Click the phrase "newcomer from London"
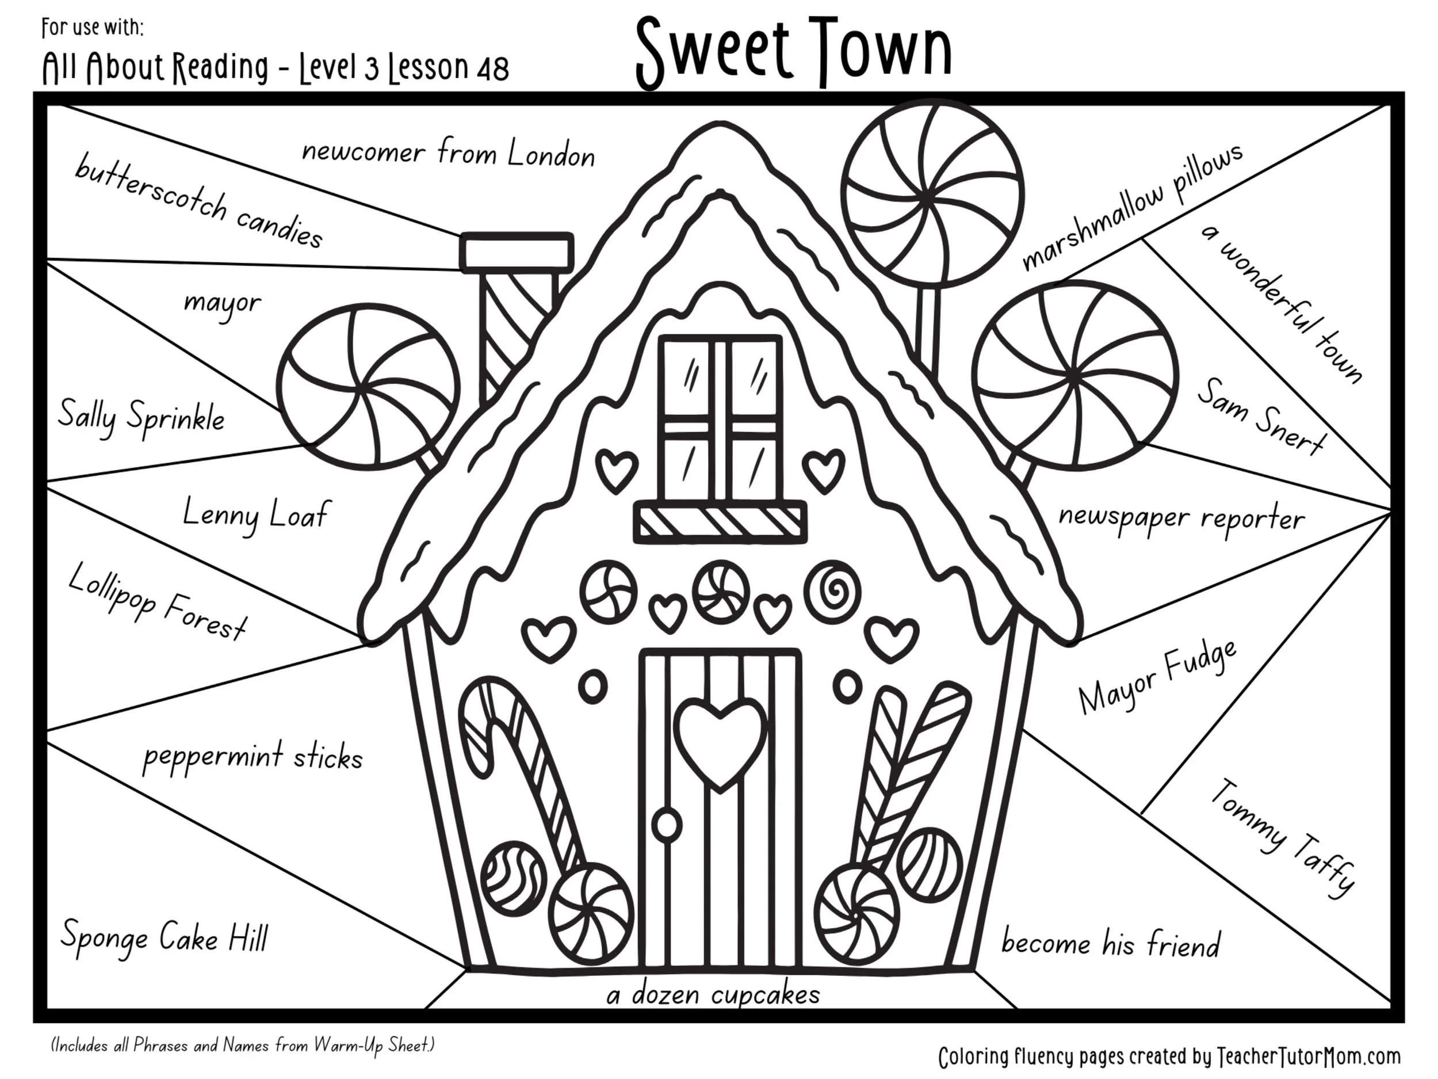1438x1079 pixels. click(x=448, y=153)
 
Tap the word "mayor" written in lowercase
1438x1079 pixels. click(x=223, y=303)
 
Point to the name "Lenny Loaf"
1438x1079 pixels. click(x=255, y=514)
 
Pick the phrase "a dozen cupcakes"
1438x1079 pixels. click(x=713, y=994)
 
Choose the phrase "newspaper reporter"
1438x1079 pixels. click(x=1181, y=518)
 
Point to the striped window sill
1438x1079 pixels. click(x=720, y=521)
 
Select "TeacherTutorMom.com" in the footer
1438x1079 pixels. click(x=1309, y=1056)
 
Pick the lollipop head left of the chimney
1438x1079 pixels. click(x=368, y=385)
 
